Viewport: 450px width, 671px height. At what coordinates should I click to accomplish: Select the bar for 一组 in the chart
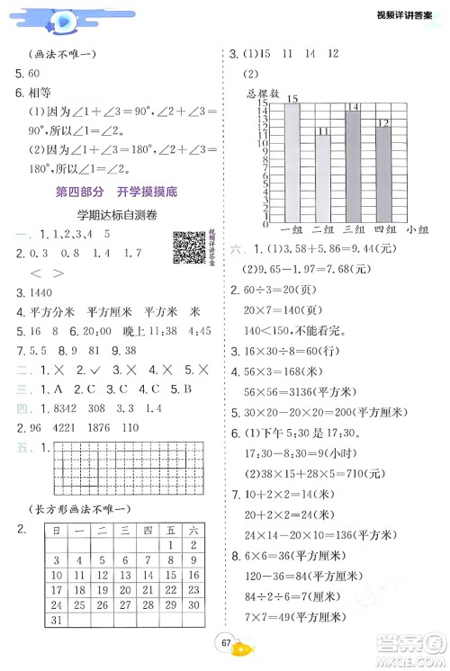click(x=292, y=162)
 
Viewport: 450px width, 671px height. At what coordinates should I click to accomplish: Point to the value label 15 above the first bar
click(x=292, y=96)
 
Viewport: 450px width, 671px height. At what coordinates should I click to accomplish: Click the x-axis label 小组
click(x=417, y=231)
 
